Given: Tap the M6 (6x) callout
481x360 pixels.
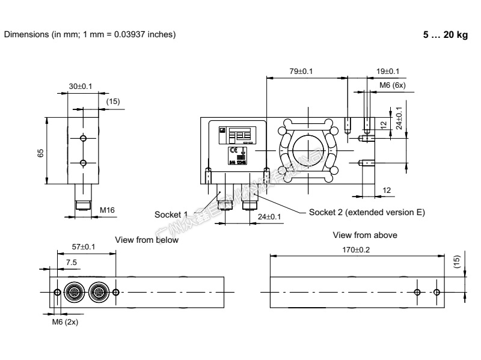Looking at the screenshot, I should pos(393,85).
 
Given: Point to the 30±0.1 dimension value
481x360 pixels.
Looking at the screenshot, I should pos(81,87).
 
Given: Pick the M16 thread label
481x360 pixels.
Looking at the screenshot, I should pos(107,210).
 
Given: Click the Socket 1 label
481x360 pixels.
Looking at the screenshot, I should pos(171,214).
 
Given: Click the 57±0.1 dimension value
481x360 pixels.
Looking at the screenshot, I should pos(84,247).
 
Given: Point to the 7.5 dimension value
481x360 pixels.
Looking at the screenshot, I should pos(71,262).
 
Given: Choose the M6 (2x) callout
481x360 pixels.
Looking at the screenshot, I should pos(64,322).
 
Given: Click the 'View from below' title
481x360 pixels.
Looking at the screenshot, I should pos(147,240).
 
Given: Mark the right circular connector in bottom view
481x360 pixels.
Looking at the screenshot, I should pos(98,292).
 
